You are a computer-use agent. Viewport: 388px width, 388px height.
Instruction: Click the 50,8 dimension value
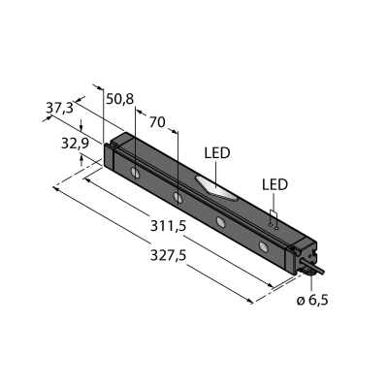pos(120,99)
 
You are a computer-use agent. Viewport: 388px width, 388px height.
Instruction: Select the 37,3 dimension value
pos(59,108)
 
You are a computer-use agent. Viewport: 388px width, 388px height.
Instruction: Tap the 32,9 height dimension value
pos(75,144)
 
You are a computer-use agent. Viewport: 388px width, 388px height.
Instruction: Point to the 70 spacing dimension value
pos(157,122)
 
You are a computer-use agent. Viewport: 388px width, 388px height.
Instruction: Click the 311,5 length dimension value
pos(168,226)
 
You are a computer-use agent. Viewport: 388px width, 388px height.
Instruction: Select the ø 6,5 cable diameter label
pos(312,301)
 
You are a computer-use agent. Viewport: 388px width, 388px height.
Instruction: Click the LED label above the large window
pos(217,153)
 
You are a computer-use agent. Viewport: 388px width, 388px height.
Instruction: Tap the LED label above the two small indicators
pos(275,184)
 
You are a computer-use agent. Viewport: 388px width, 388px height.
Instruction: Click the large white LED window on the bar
pos(216,188)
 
